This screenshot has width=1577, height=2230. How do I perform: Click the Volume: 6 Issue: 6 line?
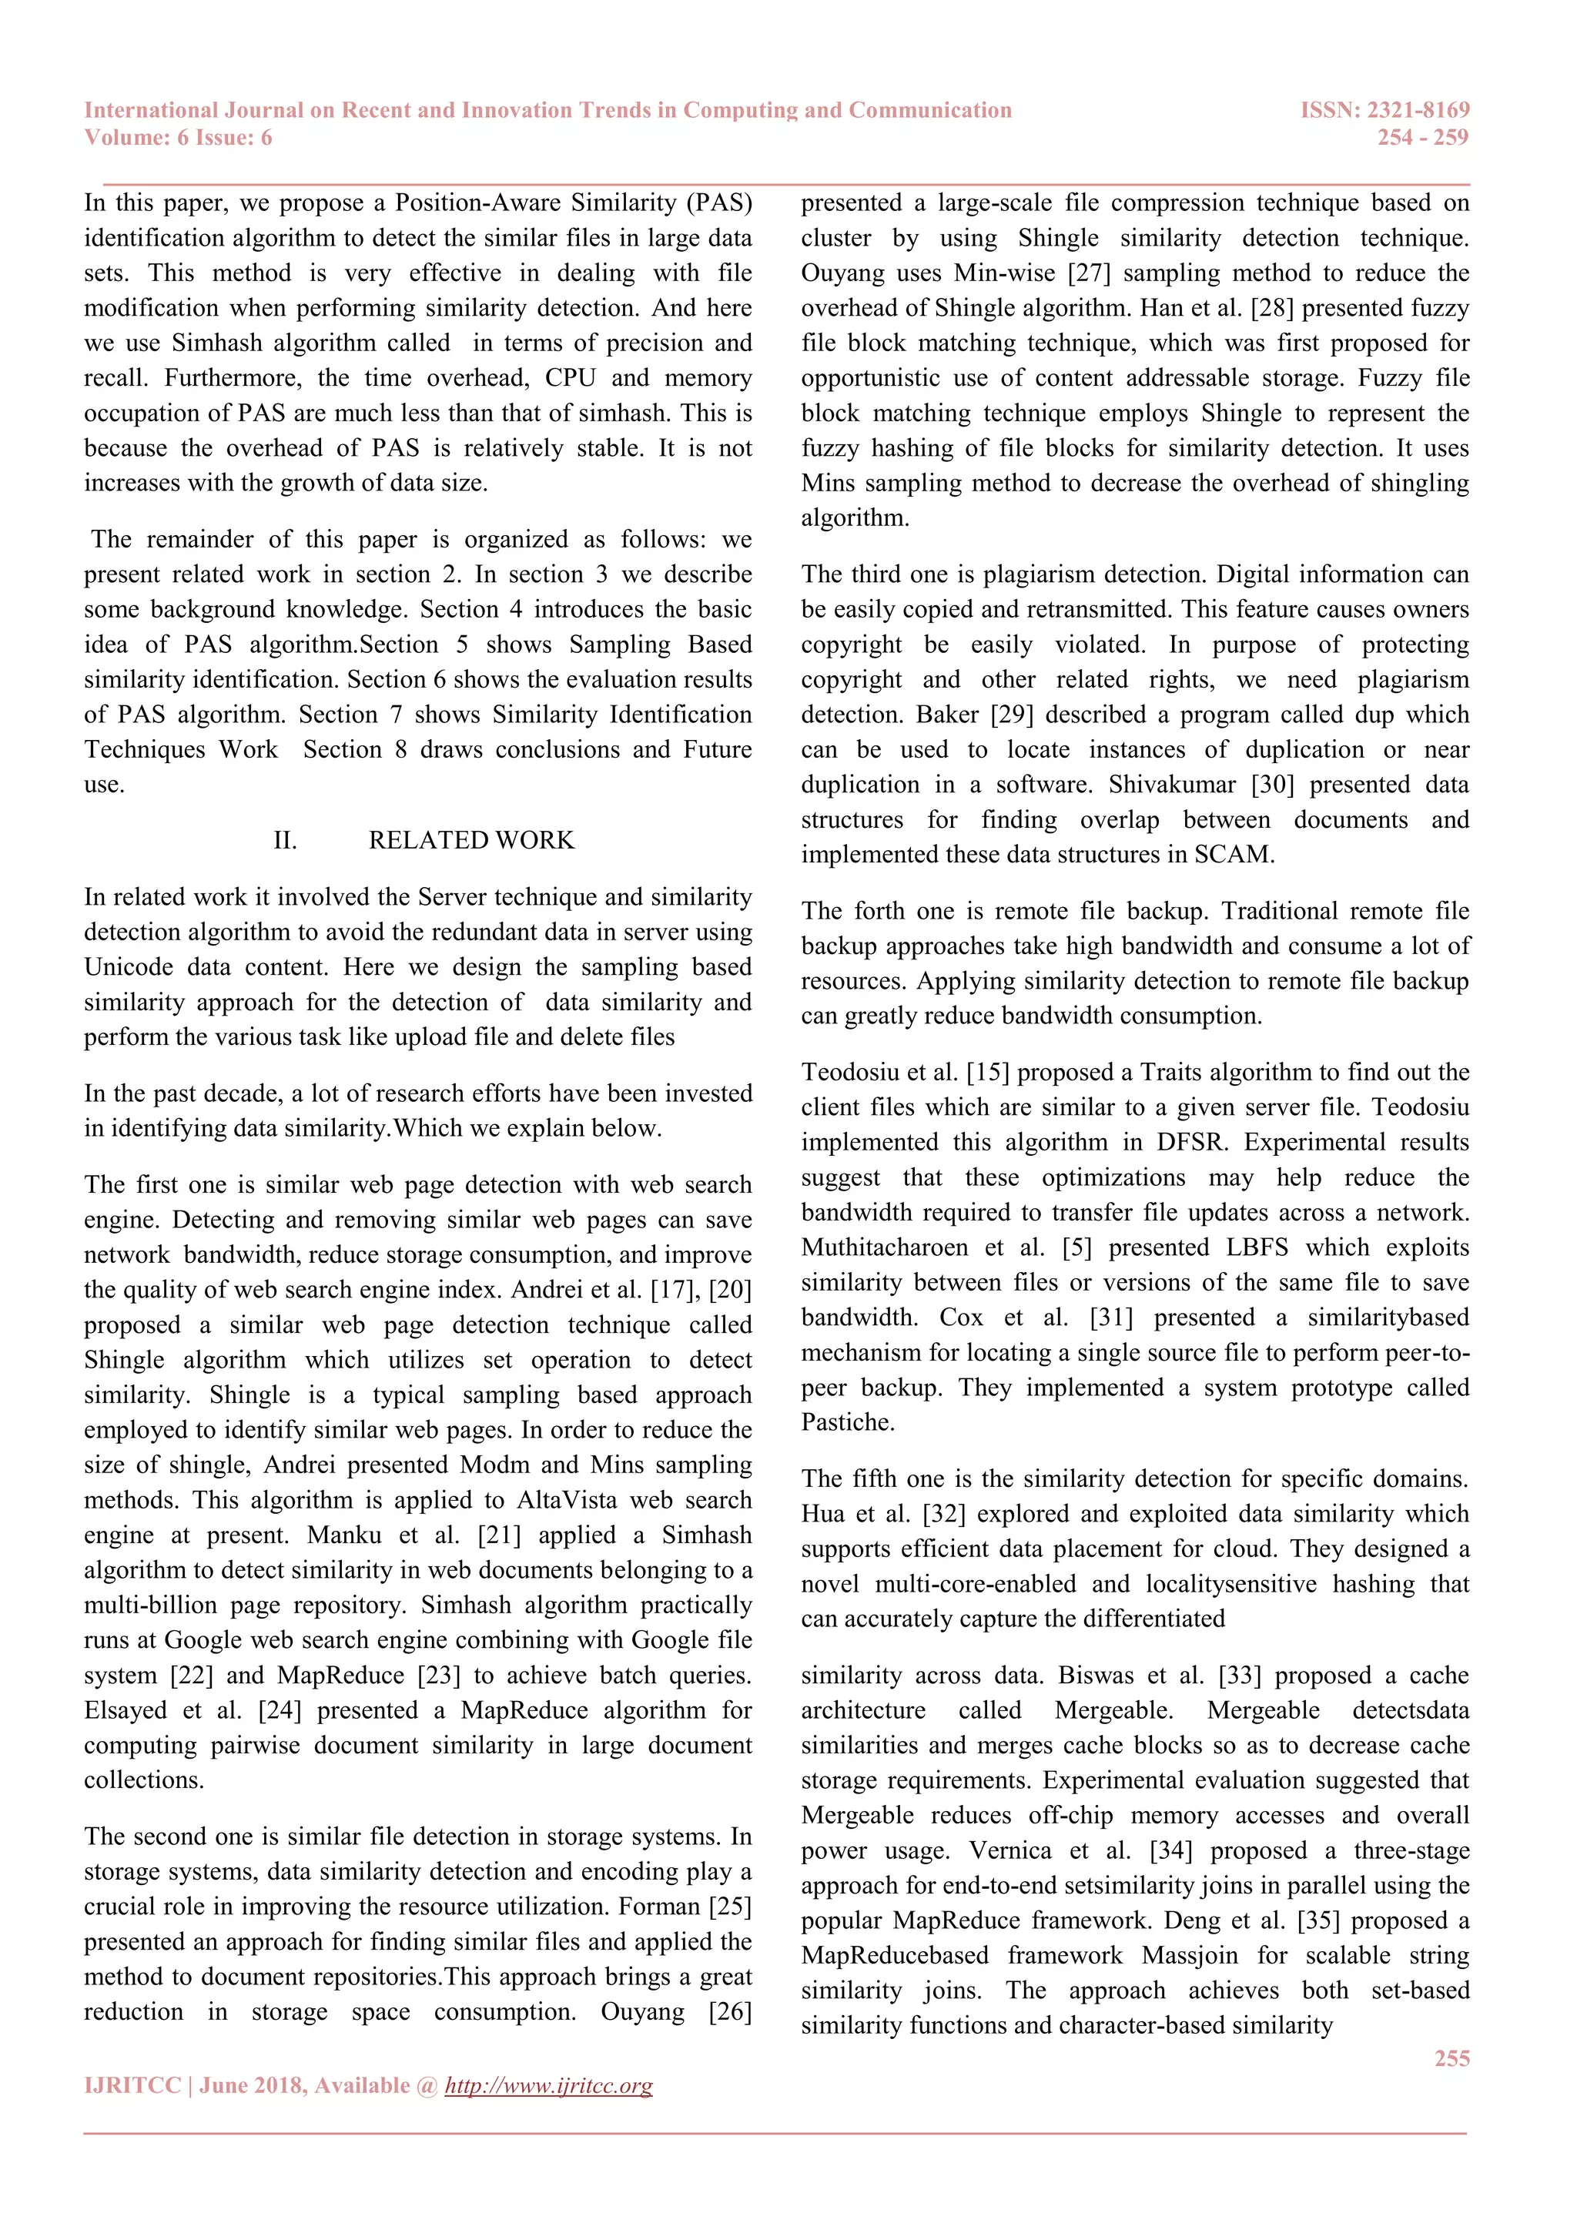tap(178, 138)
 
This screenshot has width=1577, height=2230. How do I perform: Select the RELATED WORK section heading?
tap(471, 840)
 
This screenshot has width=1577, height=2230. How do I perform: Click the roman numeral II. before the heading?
tap(284, 840)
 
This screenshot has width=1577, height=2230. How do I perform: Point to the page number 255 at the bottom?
tap(1451, 2058)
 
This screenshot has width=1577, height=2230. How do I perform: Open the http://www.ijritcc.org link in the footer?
tap(549, 2085)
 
